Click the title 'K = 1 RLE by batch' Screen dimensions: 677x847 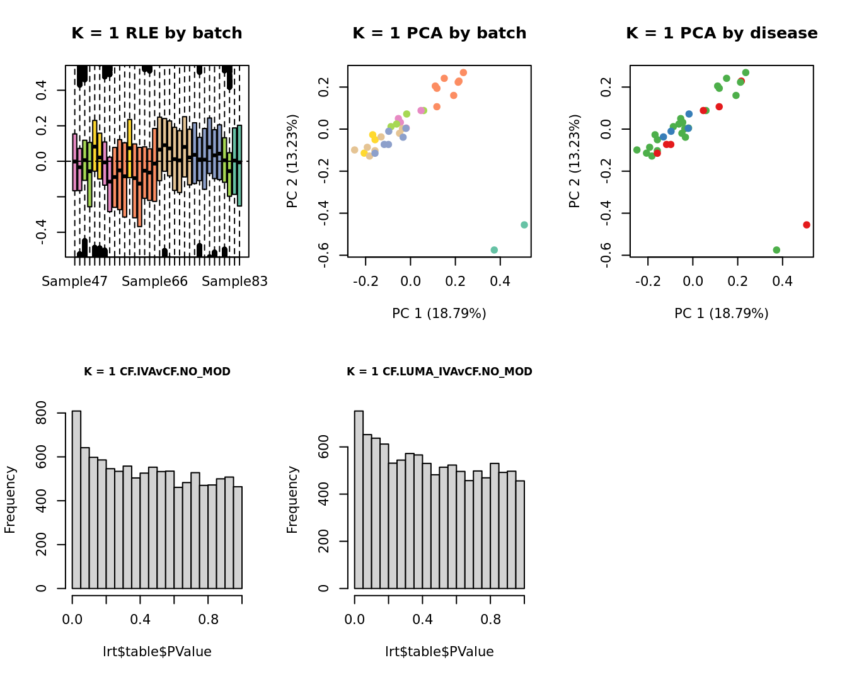[156, 33]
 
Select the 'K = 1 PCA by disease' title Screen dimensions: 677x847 [722, 33]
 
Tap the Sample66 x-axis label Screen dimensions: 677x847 [154, 282]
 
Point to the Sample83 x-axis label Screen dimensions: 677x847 [234, 282]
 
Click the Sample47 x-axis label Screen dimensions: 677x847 [74, 282]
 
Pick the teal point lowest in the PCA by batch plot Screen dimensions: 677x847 [494, 250]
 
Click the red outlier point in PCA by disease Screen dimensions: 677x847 [807, 225]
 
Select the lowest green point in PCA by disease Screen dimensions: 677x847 [776, 250]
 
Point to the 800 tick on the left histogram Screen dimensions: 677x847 [42, 413]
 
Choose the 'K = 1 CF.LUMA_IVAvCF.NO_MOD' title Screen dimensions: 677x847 [439, 372]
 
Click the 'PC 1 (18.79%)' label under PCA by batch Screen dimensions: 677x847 [439, 314]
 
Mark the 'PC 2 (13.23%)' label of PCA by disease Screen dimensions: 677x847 [575, 161]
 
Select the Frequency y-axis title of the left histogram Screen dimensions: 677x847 [10, 499]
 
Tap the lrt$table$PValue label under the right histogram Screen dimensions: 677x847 [439, 652]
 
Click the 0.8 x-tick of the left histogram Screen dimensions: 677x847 [209, 620]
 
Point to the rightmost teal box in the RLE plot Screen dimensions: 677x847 [239, 165]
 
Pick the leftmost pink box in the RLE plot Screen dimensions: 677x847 [75, 162]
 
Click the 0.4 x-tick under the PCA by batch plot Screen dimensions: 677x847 [500, 281]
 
